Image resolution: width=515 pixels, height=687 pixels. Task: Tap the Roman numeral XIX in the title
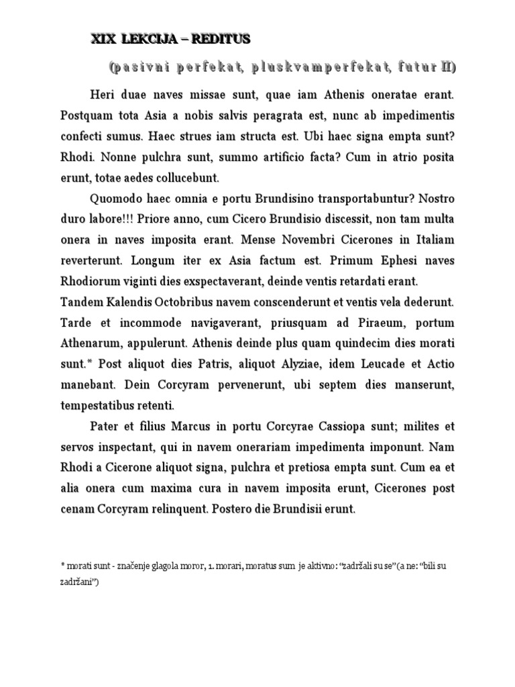click(x=104, y=40)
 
